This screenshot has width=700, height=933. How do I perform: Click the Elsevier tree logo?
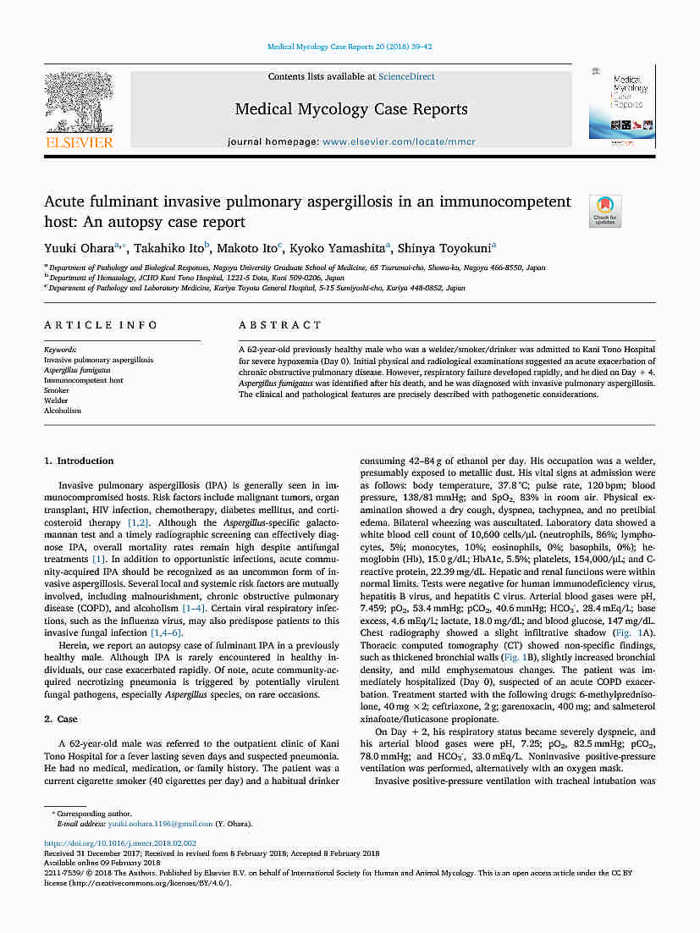click(x=78, y=102)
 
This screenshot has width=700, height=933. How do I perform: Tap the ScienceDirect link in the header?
click(x=406, y=77)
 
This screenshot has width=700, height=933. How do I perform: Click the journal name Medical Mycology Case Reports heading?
click(x=350, y=109)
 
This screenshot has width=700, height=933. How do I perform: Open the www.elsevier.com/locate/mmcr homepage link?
click(x=399, y=142)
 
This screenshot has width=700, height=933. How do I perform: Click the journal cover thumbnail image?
click(x=621, y=103)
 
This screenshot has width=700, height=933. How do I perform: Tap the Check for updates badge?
click(x=605, y=211)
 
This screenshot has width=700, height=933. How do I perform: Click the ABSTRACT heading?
click(x=280, y=325)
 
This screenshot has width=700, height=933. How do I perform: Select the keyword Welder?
click(x=56, y=400)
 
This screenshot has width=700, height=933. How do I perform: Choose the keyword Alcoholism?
click(x=63, y=411)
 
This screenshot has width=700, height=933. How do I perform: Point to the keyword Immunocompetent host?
click(x=84, y=380)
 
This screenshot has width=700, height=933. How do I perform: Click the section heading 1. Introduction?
click(x=79, y=461)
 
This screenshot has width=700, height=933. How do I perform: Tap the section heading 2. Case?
click(x=60, y=719)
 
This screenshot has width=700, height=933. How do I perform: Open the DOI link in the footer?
click(x=120, y=843)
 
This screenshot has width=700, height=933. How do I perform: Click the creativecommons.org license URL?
click(x=150, y=882)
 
